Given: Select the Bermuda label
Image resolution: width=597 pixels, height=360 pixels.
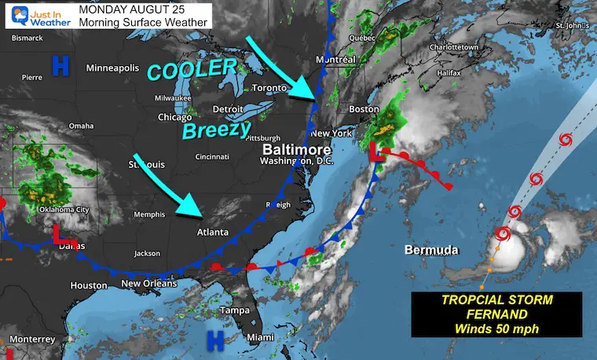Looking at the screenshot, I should (x=430, y=250).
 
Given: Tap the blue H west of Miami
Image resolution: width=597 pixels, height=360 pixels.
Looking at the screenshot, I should (x=213, y=340).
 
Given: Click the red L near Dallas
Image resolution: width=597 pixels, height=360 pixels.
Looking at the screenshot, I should (x=60, y=234).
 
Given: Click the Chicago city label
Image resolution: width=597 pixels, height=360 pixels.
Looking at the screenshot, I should (x=174, y=118).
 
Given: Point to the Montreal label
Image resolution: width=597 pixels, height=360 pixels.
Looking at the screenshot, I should (x=337, y=61).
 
